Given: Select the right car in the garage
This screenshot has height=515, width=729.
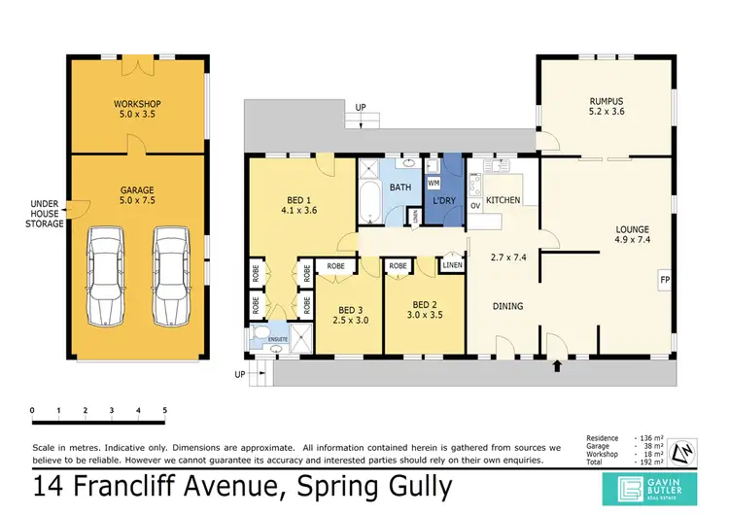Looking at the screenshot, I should [x=170, y=276].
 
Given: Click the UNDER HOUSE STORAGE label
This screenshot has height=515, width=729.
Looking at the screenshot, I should [x=46, y=214].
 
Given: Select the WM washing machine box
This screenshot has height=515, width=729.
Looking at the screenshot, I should [x=434, y=182].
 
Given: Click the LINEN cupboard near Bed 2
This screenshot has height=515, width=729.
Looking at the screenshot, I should [x=451, y=264].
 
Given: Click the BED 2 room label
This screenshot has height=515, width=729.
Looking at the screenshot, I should [x=426, y=304].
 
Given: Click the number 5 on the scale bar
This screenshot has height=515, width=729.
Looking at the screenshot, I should [x=165, y=410].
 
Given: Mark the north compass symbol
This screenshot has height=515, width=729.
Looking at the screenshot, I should [x=684, y=449].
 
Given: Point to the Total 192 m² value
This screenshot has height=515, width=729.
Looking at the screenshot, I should [x=650, y=463].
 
